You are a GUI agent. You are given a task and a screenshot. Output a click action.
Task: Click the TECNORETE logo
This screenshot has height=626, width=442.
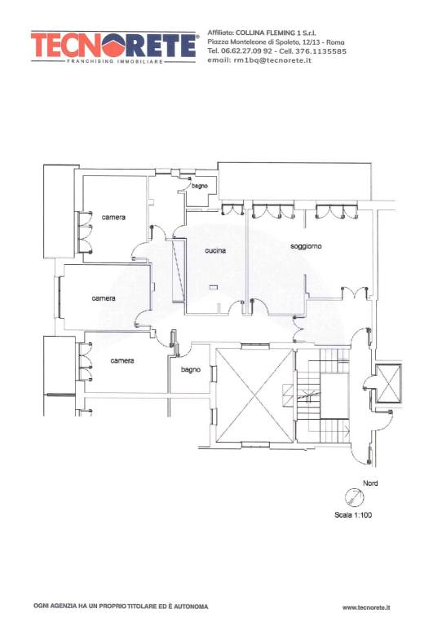click(x=113, y=46)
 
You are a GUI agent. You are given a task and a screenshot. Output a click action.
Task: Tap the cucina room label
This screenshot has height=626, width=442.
click(x=215, y=251)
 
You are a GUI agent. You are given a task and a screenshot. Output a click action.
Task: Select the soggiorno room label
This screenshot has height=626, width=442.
click(x=306, y=247)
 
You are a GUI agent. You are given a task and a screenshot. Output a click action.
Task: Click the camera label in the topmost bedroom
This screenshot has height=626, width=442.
click(x=113, y=217)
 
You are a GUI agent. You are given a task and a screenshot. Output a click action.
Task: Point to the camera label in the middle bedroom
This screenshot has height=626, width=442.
click(x=104, y=298)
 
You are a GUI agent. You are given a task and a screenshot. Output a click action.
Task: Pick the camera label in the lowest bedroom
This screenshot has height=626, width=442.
click(x=122, y=360)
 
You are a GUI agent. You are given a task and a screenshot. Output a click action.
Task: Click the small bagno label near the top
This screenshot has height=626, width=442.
click(x=199, y=186)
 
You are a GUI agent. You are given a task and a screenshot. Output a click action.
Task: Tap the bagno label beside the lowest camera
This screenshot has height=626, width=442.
click(x=191, y=370)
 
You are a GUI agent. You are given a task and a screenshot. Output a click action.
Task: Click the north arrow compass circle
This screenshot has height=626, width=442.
click(x=355, y=497)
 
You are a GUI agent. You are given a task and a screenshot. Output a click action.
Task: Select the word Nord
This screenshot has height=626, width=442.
click(x=370, y=483)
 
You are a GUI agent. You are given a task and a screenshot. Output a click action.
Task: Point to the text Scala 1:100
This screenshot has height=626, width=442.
click(x=353, y=515)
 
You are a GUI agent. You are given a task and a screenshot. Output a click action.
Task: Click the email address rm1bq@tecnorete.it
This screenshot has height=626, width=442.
click(x=272, y=60)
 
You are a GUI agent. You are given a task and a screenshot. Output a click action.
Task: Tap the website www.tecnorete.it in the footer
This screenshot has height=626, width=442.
click(x=366, y=607)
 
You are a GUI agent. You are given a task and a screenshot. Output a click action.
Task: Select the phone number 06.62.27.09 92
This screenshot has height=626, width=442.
click(x=246, y=51)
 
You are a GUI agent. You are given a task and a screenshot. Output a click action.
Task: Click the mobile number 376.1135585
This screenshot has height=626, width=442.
click(x=320, y=51)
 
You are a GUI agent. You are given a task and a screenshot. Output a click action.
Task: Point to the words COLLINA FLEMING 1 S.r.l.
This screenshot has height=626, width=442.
click(x=276, y=33)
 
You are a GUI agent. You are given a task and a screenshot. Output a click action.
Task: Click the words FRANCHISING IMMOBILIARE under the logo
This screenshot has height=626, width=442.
click(x=115, y=61)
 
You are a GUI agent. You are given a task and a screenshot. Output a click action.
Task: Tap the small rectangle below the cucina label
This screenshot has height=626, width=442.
click(x=214, y=286)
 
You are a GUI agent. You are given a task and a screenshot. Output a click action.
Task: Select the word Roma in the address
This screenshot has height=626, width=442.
click(x=335, y=42)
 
